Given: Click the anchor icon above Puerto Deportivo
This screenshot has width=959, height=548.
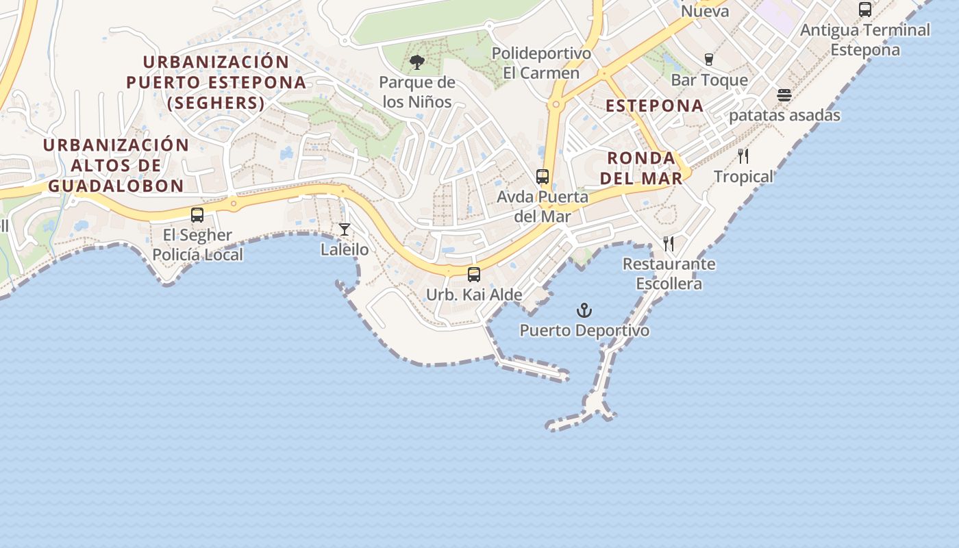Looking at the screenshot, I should click(584, 310).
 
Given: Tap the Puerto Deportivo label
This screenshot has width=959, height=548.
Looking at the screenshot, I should click(584, 331).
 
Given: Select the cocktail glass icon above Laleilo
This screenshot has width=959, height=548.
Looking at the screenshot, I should click(345, 229).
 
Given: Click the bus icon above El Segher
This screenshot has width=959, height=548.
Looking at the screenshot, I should click(197, 214).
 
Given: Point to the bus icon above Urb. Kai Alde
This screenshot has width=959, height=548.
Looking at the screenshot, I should click(473, 275).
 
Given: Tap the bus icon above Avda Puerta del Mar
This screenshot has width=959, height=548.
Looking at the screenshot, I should click(543, 177).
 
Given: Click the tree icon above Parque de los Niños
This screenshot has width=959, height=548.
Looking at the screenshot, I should click(416, 63).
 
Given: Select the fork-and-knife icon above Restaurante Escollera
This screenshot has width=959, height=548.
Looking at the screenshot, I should click(669, 243).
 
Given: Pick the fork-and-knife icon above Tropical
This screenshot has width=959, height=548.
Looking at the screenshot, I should click(743, 156).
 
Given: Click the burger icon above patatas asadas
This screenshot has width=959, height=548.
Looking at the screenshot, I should click(784, 95).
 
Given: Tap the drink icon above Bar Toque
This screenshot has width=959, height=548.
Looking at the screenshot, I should click(709, 60).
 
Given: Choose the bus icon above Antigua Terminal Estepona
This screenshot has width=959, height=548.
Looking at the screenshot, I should click(865, 10).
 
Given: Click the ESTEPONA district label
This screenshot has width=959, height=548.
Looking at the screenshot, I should click(655, 106).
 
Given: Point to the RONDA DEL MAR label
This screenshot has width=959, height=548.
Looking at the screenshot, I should click(645, 169).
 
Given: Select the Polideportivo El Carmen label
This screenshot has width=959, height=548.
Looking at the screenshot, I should click(541, 63).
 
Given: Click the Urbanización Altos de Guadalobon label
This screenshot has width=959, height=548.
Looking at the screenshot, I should click(116, 165).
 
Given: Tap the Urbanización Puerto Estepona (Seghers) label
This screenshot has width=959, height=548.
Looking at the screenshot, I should click(216, 82).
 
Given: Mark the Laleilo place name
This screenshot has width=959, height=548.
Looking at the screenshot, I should click(345, 250).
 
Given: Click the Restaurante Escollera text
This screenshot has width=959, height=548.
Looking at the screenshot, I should click(669, 273).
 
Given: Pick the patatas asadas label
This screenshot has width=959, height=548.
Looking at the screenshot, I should click(784, 115).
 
